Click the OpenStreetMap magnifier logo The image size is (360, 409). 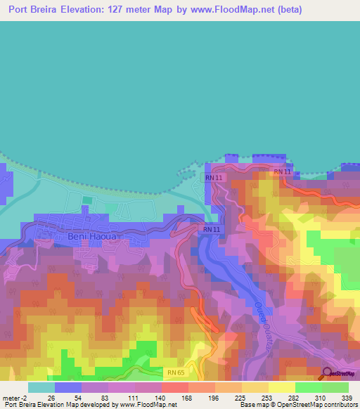tap(328, 372)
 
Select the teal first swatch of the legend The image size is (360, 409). tap(41, 387)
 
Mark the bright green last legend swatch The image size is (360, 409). tap(335, 387)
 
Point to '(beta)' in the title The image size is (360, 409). tap(333, 10)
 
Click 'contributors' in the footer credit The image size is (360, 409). tap(337, 404)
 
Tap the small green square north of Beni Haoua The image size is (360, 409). tap(86, 200)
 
